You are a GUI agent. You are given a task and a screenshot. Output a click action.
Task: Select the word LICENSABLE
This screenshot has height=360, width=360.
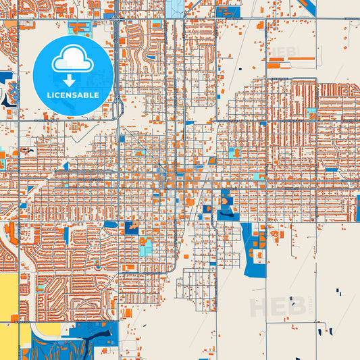coord(72,95)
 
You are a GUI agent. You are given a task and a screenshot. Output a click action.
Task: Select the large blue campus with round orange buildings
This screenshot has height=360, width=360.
coord(255,250)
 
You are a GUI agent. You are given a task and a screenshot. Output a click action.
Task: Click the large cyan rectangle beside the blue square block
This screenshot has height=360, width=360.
coord(145,249)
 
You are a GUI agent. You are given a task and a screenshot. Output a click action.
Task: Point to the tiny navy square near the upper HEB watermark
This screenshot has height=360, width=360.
coord(240,69)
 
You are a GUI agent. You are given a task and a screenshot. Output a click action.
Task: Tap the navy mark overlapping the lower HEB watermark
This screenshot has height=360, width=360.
coord(293,301)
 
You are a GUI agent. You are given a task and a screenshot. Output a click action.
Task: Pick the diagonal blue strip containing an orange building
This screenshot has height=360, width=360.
coord(307,7)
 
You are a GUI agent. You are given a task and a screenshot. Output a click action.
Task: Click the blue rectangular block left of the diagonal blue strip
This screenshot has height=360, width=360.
coord(228,11)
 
